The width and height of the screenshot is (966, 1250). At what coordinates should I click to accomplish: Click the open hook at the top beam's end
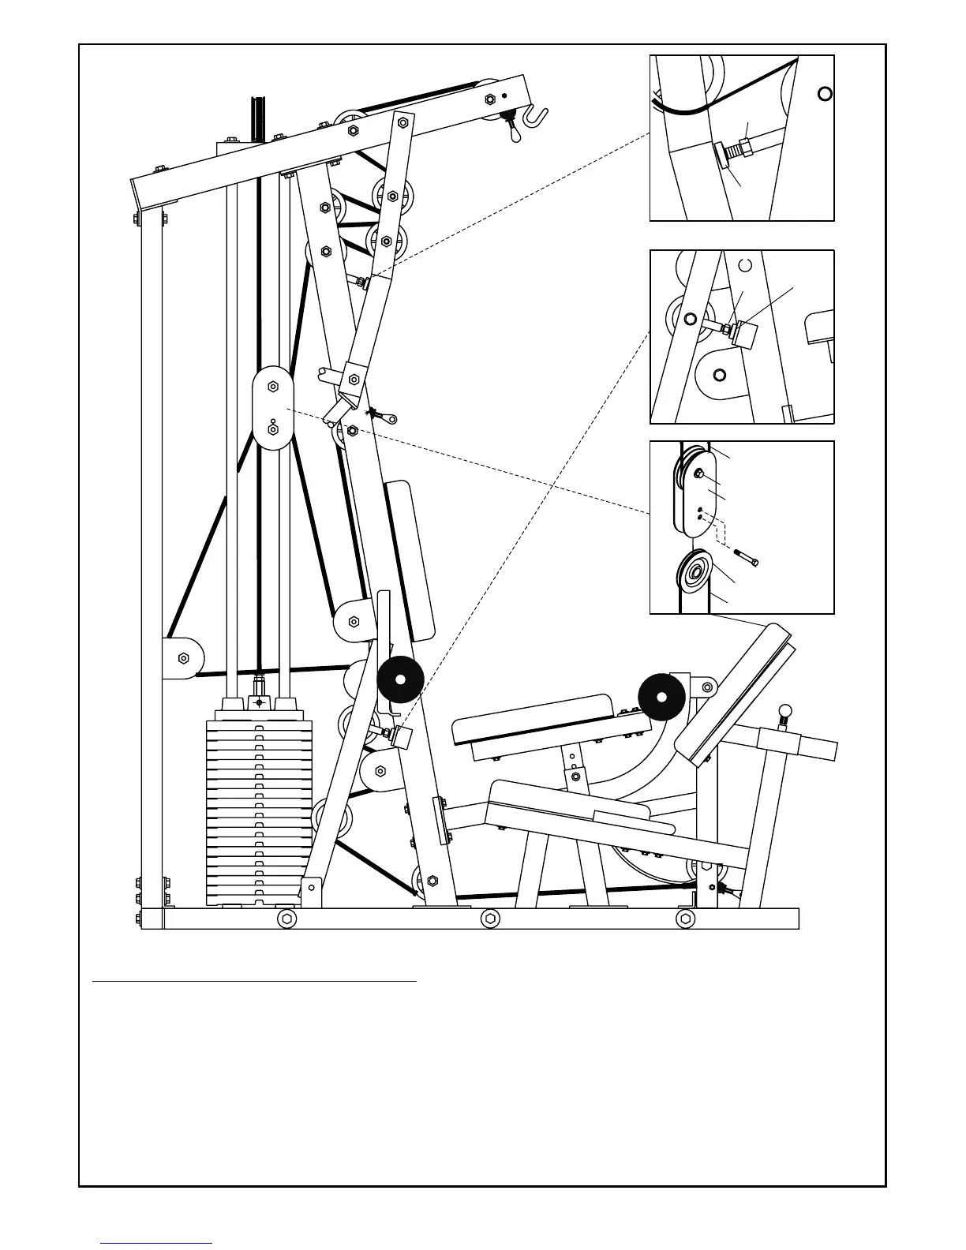(x=539, y=115)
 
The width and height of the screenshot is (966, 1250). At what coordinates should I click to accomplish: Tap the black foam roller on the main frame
(x=400, y=678)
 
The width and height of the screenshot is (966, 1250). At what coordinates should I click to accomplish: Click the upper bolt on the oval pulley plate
(x=272, y=386)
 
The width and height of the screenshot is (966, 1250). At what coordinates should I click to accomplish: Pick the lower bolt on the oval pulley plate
(x=272, y=429)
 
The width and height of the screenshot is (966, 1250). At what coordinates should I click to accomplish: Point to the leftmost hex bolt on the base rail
(x=288, y=919)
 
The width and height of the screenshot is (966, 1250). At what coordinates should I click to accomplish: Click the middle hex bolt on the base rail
(x=490, y=919)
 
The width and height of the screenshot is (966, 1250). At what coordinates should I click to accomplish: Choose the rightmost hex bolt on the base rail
(x=686, y=919)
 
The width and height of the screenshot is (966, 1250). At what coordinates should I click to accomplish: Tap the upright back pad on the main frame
(x=410, y=560)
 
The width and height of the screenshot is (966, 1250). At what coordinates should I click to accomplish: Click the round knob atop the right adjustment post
(x=784, y=712)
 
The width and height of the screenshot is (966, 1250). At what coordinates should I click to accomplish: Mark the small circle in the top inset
(x=825, y=95)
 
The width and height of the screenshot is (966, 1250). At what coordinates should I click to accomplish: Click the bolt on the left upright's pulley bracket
(x=184, y=657)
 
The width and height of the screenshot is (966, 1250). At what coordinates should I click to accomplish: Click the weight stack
(x=260, y=809)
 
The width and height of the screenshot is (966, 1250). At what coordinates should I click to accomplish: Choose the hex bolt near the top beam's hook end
(x=489, y=99)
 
